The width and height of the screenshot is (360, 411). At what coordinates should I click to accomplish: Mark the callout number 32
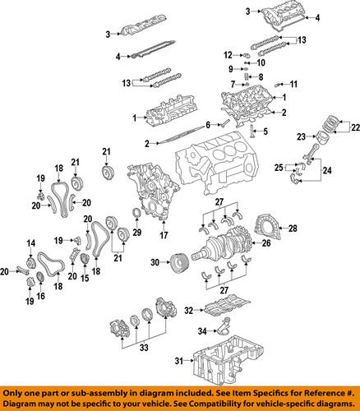(x=189, y=311)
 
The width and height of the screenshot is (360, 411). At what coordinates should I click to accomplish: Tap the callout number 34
(x=200, y=331)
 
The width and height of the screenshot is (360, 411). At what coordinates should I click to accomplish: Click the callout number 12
(x=228, y=54)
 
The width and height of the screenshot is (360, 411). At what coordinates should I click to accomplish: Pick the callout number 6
(x=209, y=124)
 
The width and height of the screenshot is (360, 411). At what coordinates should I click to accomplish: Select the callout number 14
(x=30, y=242)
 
